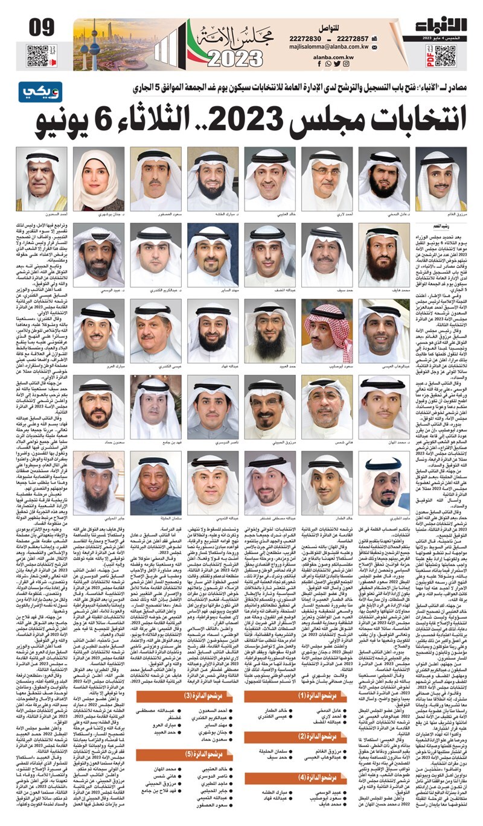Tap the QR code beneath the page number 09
click(x=37, y=55)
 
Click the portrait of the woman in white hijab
click(x=98, y=178)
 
